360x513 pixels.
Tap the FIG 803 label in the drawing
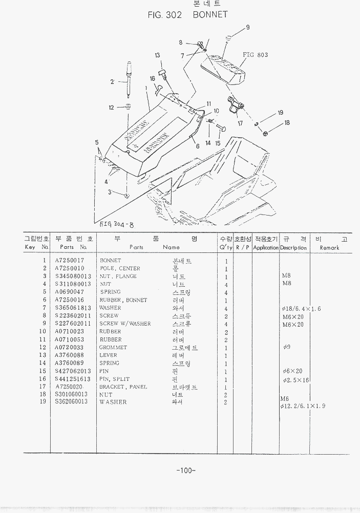point(255,55)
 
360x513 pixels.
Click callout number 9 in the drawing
point(248,27)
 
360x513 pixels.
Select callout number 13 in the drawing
point(158,55)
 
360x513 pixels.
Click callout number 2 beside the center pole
point(112,81)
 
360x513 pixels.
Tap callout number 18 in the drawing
point(287,123)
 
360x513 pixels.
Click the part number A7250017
point(70,261)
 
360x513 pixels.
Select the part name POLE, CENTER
point(120,268)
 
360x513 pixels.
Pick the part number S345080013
point(73,276)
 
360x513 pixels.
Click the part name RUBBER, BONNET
point(123,300)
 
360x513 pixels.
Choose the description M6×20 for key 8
point(292,316)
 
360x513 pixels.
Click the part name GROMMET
point(113,347)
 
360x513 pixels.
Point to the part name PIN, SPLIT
point(114,379)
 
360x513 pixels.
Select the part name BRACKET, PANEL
point(123,387)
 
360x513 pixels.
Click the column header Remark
point(329,247)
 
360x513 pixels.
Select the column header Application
point(265,247)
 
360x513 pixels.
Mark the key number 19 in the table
point(43,402)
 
